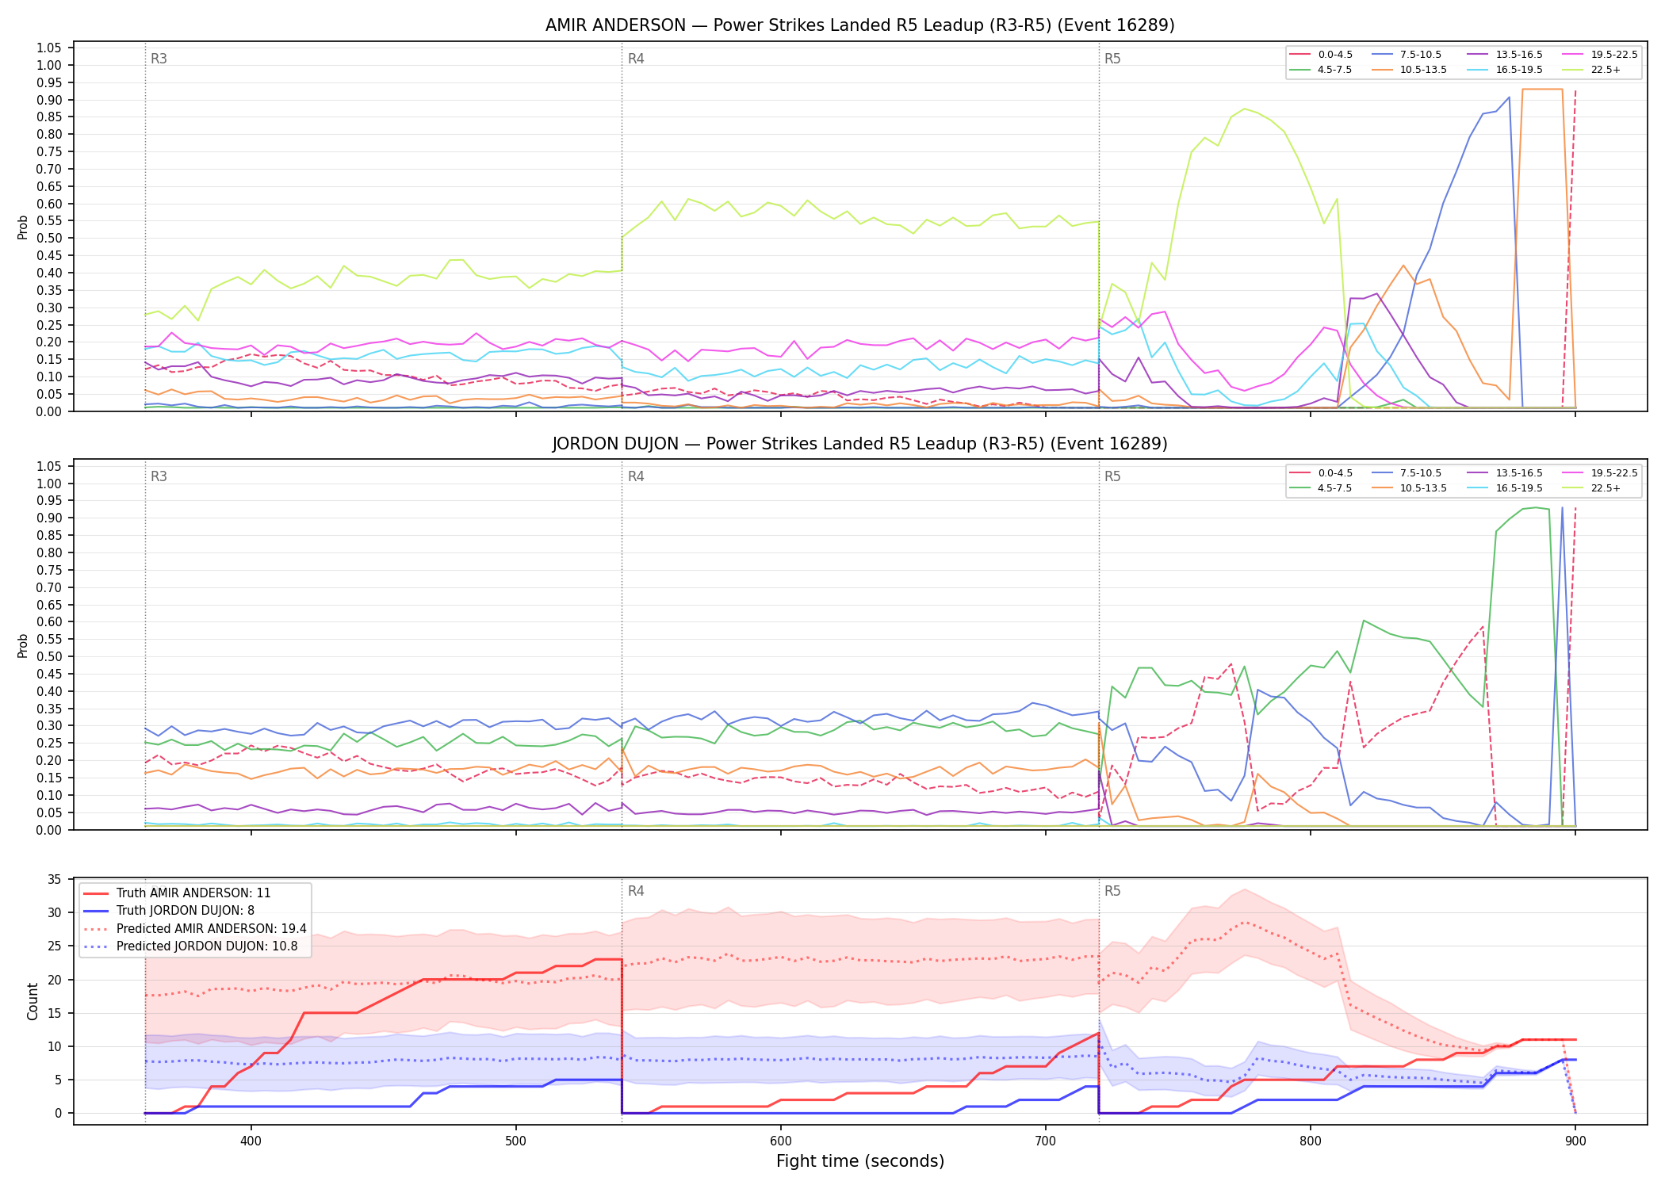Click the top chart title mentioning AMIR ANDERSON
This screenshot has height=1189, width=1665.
pyautogui.click(x=859, y=25)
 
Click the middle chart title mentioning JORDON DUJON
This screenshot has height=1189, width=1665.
pyautogui.click(x=859, y=444)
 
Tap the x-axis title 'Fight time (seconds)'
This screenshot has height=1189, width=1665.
pyautogui.click(x=860, y=1161)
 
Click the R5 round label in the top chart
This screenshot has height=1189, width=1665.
pyautogui.click(x=1112, y=59)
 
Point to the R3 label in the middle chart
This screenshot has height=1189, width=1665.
pyautogui.click(x=159, y=477)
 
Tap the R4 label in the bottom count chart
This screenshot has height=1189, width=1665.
pyautogui.click(x=636, y=892)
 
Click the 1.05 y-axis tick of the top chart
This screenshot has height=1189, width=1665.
pyautogui.click(x=49, y=48)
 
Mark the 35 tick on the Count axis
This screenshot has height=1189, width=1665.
pyautogui.click(x=55, y=879)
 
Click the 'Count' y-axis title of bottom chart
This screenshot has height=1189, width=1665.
pyautogui.click(x=33, y=1001)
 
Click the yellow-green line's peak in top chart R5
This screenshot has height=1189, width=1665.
pyautogui.click(x=1244, y=109)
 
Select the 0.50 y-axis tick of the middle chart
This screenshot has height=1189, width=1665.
pyautogui.click(x=49, y=657)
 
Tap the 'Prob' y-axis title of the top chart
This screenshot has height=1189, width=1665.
pyautogui.click(x=23, y=227)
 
